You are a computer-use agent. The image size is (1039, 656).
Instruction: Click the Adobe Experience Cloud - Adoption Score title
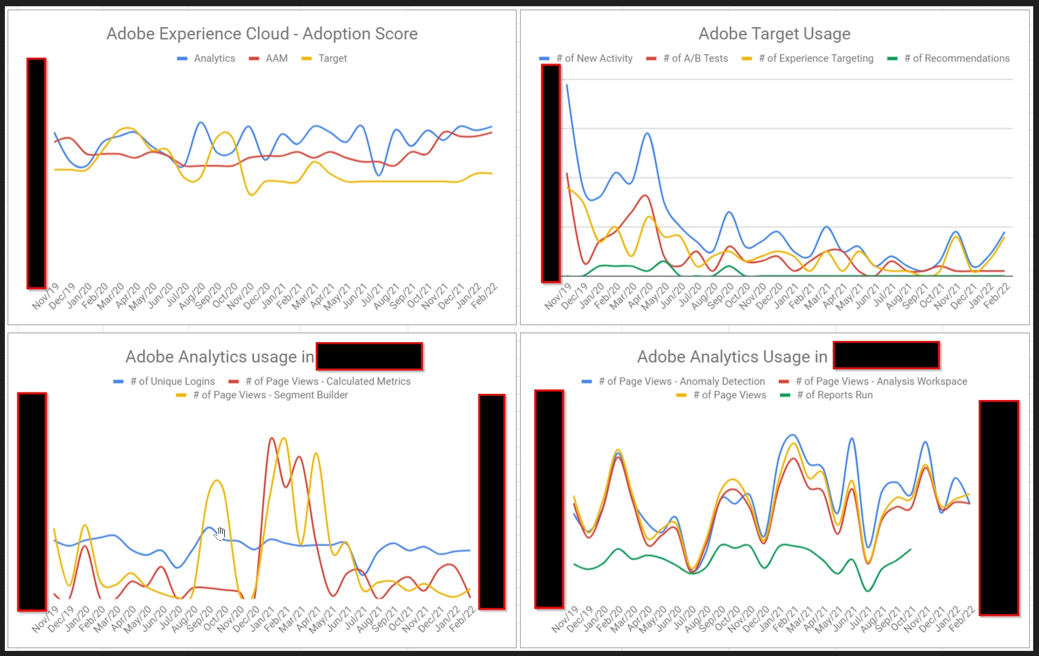pos(262,34)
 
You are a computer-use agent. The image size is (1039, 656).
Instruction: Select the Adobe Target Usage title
pos(774,34)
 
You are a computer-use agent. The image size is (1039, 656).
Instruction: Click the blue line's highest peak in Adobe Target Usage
pos(567,85)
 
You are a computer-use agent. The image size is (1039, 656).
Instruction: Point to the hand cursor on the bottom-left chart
pos(220,534)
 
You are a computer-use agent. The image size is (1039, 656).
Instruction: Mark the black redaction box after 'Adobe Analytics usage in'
pos(369,357)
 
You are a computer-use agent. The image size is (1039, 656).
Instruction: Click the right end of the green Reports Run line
pos(910,549)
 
